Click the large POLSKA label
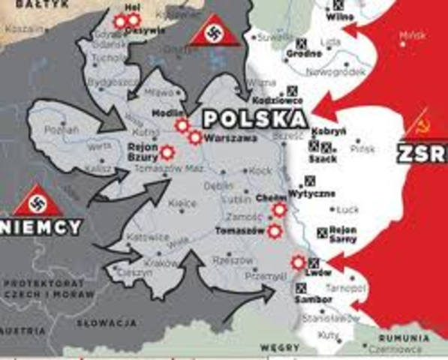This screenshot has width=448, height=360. pos(255,118)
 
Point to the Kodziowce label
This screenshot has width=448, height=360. pos(287,99)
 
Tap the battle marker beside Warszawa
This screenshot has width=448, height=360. pos(195,137)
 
